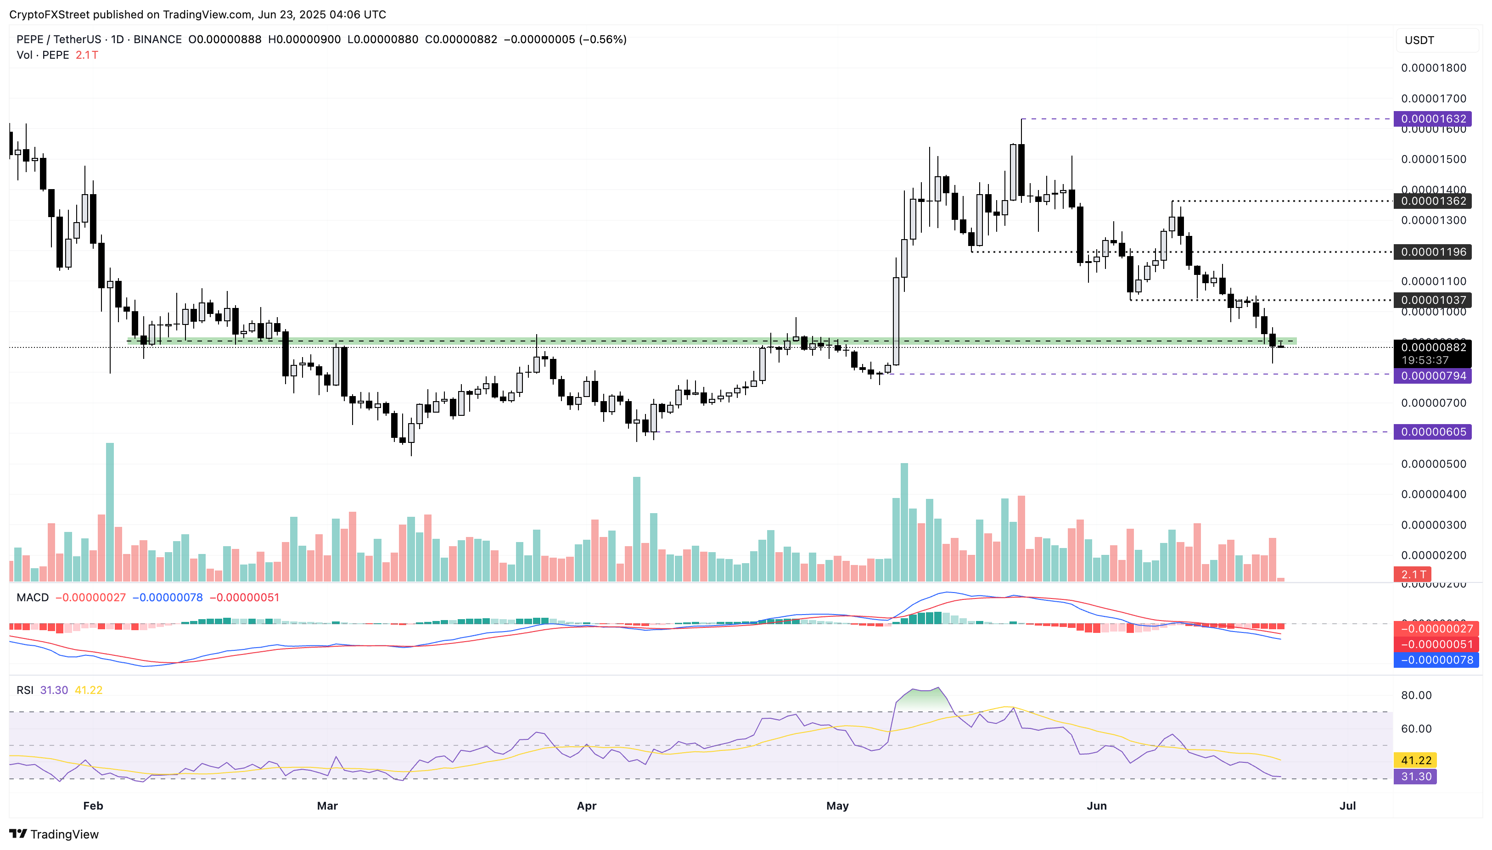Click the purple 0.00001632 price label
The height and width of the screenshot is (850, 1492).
pos(1432,119)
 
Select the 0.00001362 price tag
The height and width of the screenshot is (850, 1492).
pos(1432,201)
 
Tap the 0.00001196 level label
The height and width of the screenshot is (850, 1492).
pos(1432,252)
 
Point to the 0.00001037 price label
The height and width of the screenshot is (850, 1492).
pos(1432,300)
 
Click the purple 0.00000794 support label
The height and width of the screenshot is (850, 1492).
pos(1432,376)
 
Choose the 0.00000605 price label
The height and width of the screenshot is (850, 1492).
pos(1432,432)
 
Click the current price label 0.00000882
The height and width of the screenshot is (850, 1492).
pos(1432,347)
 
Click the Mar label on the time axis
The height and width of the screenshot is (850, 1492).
pos(327,805)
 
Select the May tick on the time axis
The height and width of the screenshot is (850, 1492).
pos(837,805)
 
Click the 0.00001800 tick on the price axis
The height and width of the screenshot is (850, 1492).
pos(1433,68)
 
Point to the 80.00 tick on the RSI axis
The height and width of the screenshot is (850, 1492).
pos(1416,695)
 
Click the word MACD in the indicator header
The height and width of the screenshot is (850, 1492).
pos(33,597)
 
